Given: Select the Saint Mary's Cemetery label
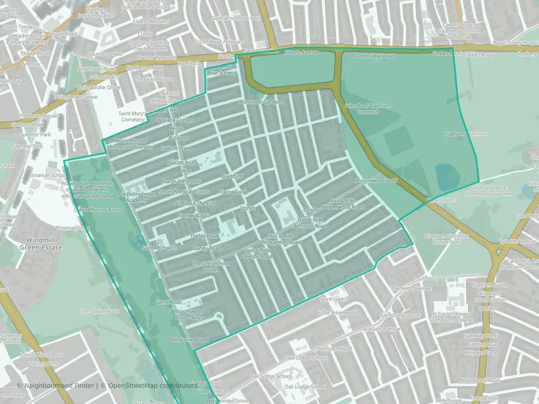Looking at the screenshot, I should click(133, 116).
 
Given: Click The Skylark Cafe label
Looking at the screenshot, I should click(100, 311).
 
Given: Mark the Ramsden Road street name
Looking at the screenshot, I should click(334, 348).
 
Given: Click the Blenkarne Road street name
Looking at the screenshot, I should click(190, 339).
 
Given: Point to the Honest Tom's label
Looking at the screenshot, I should click(442, 200).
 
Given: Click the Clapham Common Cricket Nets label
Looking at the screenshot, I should click(447, 240).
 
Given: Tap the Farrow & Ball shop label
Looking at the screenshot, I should click(194, 215).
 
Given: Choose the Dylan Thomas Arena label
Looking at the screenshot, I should click(98, 210).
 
